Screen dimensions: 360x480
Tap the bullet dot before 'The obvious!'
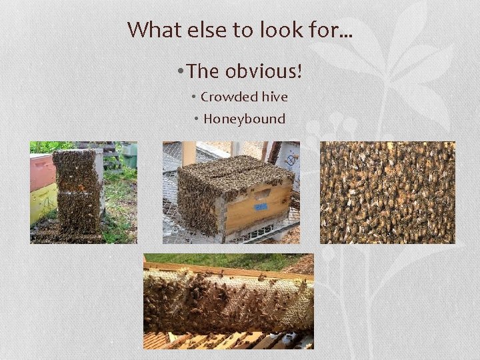coord(181,71)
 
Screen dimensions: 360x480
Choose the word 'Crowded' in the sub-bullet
coord(228,97)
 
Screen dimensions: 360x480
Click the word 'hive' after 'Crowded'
coord(274,97)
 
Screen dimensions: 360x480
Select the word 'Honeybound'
coord(244,119)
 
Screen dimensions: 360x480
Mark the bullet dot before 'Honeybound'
coord(197,119)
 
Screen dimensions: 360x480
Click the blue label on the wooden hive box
coord(257,207)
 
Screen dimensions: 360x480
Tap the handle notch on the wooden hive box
coord(263,194)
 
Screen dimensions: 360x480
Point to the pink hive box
coord(42,172)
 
